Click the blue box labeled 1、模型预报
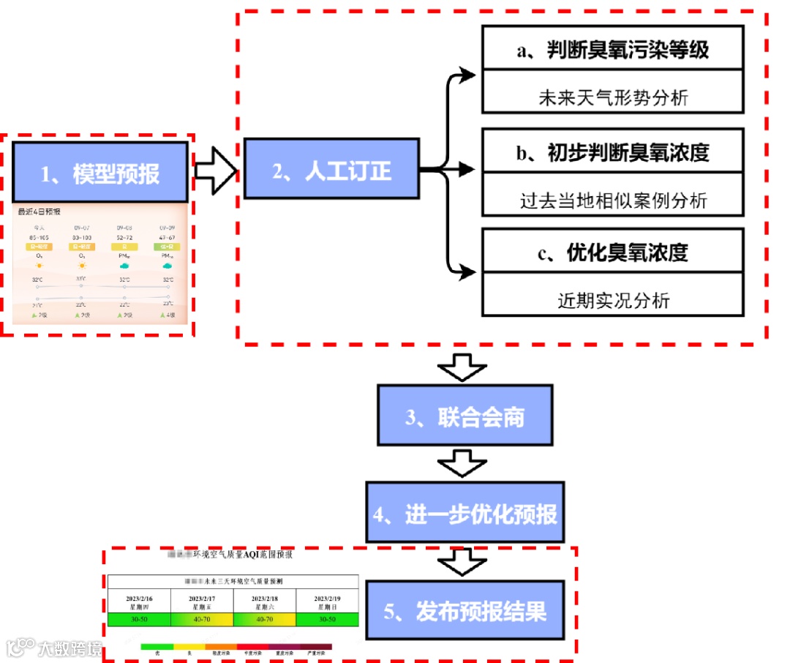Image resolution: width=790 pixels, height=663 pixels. pyautogui.click(x=99, y=173)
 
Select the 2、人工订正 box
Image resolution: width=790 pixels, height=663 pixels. pyautogui.click(x=331, y=170)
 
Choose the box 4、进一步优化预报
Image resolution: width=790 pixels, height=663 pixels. pyautogui.click(x=465, y=512)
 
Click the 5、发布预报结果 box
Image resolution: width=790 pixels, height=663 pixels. pyautogui.click(x=465, y=611)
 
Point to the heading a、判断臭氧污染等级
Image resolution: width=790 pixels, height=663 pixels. pyautogui.click(x=613, y=49)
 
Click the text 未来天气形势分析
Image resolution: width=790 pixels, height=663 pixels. pyautogui.click(x=613, y=97)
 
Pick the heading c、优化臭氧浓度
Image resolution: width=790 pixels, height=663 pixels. pyautogui.click(x=613, y=252)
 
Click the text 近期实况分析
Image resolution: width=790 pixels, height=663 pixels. pyautogui.click(x=613, y=299)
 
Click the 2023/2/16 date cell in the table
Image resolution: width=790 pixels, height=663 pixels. pyautogui.click(x=139, y=602)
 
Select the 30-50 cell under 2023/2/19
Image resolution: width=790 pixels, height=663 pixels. pyautogui.click(x=327, y=619)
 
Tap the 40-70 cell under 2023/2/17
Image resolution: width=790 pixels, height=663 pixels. pyautogui.click(x=201, y=619)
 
